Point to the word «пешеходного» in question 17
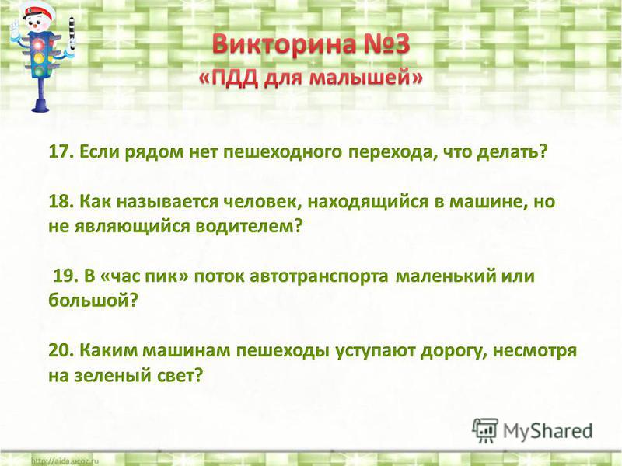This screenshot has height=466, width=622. point(282,152)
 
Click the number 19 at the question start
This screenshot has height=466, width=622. point(65,276)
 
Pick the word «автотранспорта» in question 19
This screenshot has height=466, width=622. point(319,276)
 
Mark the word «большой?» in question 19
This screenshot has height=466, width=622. point(93,301)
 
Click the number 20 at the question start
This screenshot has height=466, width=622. point(61,351)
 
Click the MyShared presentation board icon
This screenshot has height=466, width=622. point(485,431)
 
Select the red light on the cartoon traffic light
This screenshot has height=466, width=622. point(38,44)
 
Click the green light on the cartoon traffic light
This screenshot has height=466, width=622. point(39,71)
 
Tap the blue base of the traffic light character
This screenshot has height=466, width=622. point(40,105)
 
